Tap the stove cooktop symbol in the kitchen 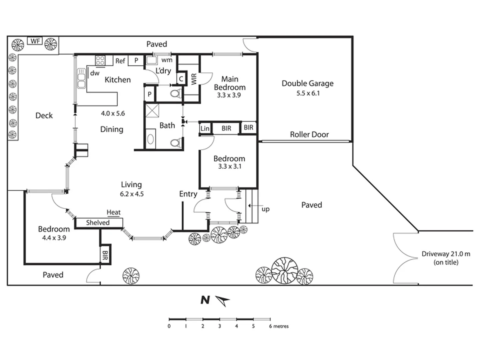[x=100, y=60]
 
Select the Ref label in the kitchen [x=120, y=61]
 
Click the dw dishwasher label [x=95, y=73]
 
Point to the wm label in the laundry [x=167, y=60]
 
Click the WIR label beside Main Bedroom [x=194, y=79]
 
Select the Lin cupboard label [x=205, y=128]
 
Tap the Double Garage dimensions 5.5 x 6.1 [x=308, y=93]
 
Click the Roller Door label [x=309, y=134]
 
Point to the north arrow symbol [x=222, y=300]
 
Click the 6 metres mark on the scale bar [x=270, y=326]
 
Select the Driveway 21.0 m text [x=446, y=254]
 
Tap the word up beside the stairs [x=265, y=209]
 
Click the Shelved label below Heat [x=98, y=223]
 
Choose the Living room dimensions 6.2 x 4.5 [x=132, y=194]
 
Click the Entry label [x=188, y=194]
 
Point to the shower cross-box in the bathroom [x=152, y=110]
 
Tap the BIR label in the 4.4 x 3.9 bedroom [x=105, y=256]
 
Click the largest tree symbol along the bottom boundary [x=284, y=270]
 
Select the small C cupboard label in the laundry [x=181, y=79]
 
